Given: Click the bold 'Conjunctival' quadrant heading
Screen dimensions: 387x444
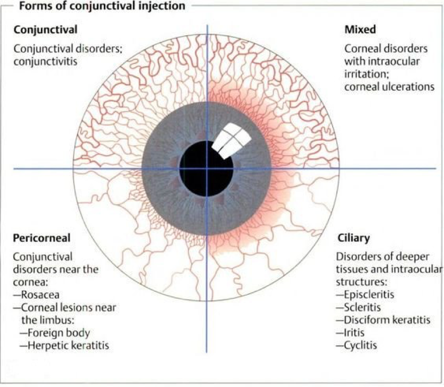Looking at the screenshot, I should point(45,30).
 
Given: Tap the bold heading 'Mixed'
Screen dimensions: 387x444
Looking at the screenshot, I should point(360,30).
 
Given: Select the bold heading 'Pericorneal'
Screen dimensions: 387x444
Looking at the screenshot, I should point(42,237).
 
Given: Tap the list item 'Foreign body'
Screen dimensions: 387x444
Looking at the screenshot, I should point(58,333).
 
